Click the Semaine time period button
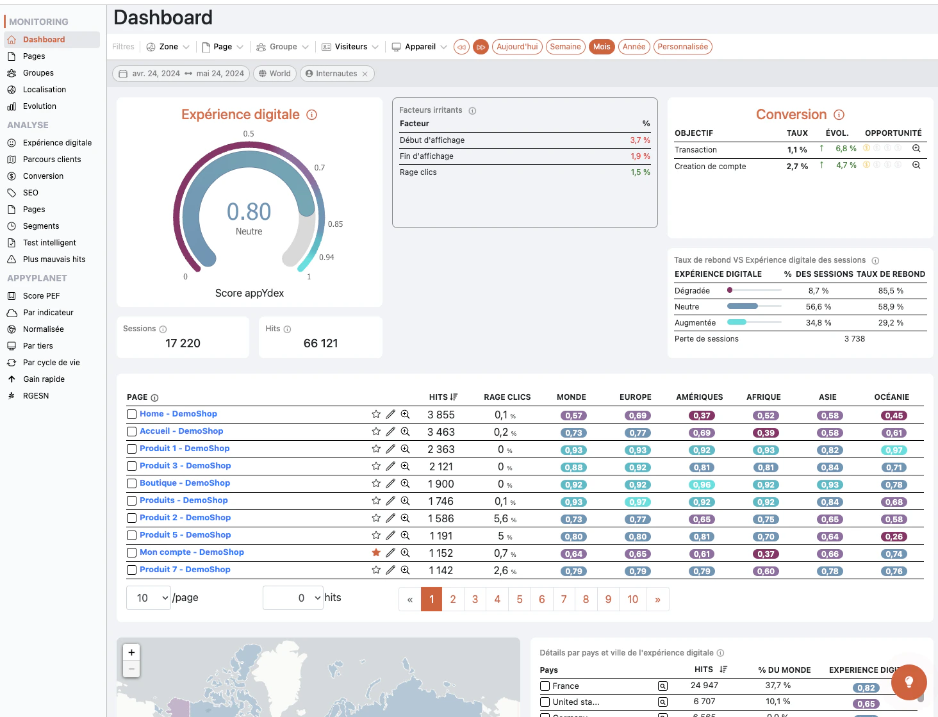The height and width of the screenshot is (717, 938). pyautogui.click(x=565, y=47)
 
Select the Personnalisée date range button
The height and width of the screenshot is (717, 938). pyautogui.click(x=682, y=47)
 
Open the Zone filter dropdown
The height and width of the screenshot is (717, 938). pyautogui.click(x=168, y=47)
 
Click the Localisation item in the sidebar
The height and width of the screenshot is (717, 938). pyautogui.click(x=44, y=89)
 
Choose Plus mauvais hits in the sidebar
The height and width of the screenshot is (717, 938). pyautogui.click(x=54, y=260)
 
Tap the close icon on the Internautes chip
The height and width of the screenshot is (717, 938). pyautogui.click(x=365, y=74)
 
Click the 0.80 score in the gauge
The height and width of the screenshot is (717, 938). pyautogui.click(x=249, y=211)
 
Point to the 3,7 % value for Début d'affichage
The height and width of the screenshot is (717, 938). pyautogui.click(x=639, y=140)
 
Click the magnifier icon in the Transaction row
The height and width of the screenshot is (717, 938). pyautogui.click(x=916, y=148)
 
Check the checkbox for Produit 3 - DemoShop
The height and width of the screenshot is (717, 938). pyautogui.click(x=131, y=466)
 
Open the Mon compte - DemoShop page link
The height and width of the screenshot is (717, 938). pyautogui.click(x=192, y=552)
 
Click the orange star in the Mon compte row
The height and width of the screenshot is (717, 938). pyautogui.click(x=376, y=552)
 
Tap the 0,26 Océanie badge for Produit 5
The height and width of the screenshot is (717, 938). pyautogui.click(x=894, y=537)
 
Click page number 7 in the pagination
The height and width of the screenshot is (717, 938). pyautogui.click(x=564, y=599)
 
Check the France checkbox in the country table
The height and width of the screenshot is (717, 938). pyautogui.click(x=545, y=686)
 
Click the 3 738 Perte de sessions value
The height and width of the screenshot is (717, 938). pyautogui.click(x=854, y=339)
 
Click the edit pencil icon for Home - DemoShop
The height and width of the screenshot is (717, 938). pyautogui.click(x=390, y=414)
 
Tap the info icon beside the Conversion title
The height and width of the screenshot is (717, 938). pyautogui.click(x=839, y=115)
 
